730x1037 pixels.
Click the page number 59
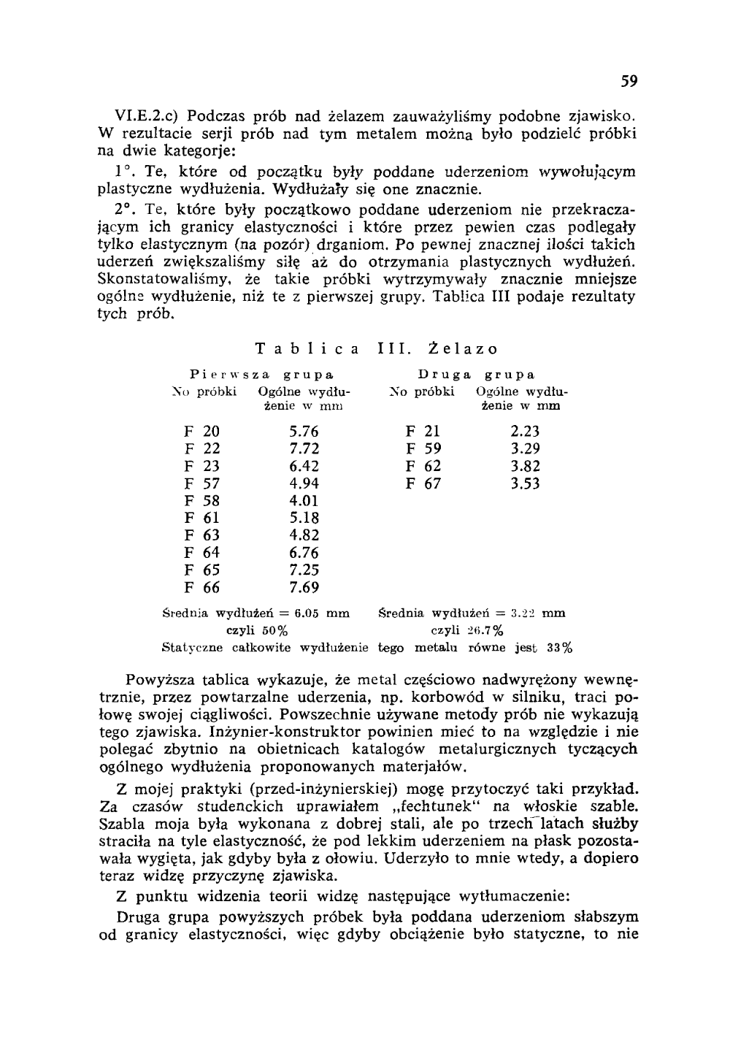(630, 83)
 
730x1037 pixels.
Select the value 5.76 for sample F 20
(304, 432)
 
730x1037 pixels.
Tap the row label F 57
(202, 483)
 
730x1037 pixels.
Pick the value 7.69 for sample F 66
(304, 588)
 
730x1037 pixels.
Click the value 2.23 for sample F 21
(525, 432)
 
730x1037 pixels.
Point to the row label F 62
(423, 466)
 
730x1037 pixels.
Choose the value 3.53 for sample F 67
(525, 483)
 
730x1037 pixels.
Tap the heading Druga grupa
(477, 375)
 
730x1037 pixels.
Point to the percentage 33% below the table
(560, 647)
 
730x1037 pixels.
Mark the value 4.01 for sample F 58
(304, 501)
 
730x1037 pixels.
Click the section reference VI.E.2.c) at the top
(147, 116)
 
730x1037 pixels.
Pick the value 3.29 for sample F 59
(525, 448)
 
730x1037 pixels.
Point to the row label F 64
(202, 553)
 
